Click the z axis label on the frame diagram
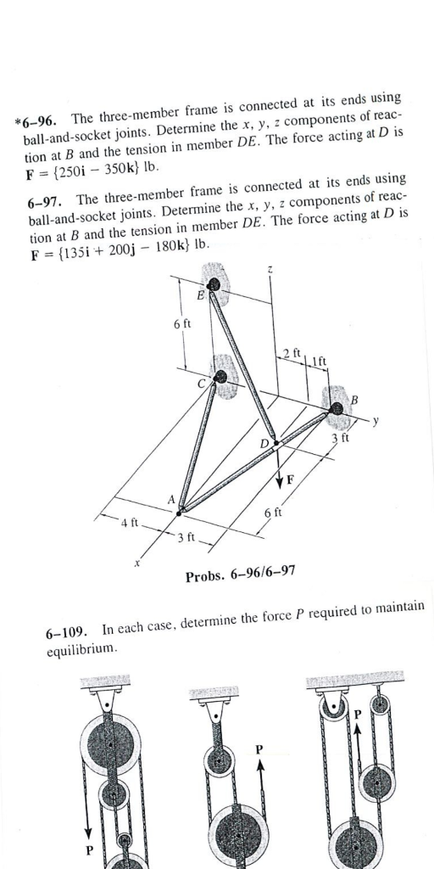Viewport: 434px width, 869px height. tap(270, 270)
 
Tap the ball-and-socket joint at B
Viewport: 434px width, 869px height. tap(338, 409)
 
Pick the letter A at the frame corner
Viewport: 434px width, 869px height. tap(171, 500)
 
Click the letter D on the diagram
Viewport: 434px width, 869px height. tap(264, 443)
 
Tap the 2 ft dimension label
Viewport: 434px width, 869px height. tap(291, 353)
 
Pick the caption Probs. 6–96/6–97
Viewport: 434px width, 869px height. tap(240, 577)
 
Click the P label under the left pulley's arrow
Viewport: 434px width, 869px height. tap(86, 849)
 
